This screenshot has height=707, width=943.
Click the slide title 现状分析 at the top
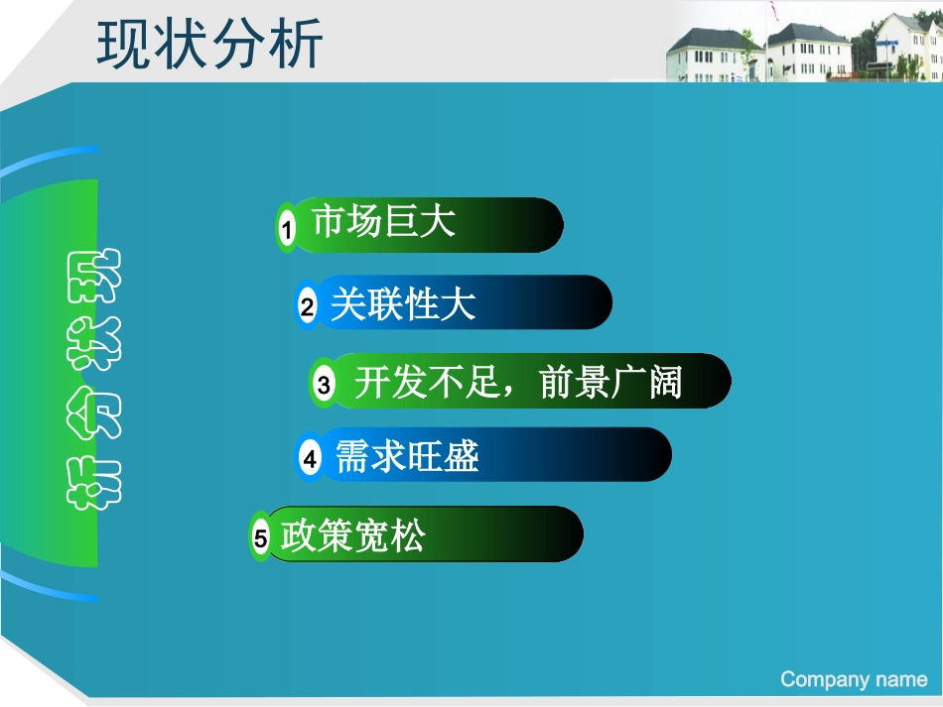pyautogui.click(x=210, y=45)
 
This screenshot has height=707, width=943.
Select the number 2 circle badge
pyautogui.click(x=308, y=307)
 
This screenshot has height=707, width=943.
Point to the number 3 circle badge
pyautogui.click(x=324, y=385)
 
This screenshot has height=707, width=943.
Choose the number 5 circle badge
pyautogui.click(x=261, y=538)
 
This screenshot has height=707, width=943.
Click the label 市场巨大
pyautogui.click(x=384, y=222)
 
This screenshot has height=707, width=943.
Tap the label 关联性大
pyautogui.click(x=402, y=303)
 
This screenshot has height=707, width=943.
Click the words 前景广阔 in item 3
pyautogui.click(x=611, y=382)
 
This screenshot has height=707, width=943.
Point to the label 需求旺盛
pyautogui.click(x=407, y=457)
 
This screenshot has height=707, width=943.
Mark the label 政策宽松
pyautogui.click(x=353, y=536)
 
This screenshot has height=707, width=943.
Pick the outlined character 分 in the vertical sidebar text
pyautogui.click(x=91, y=413)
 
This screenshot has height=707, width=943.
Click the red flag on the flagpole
pyautogui.click(x=772, y=9)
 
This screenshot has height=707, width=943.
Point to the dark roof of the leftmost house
pyautogui.click(x=706, y=40)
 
